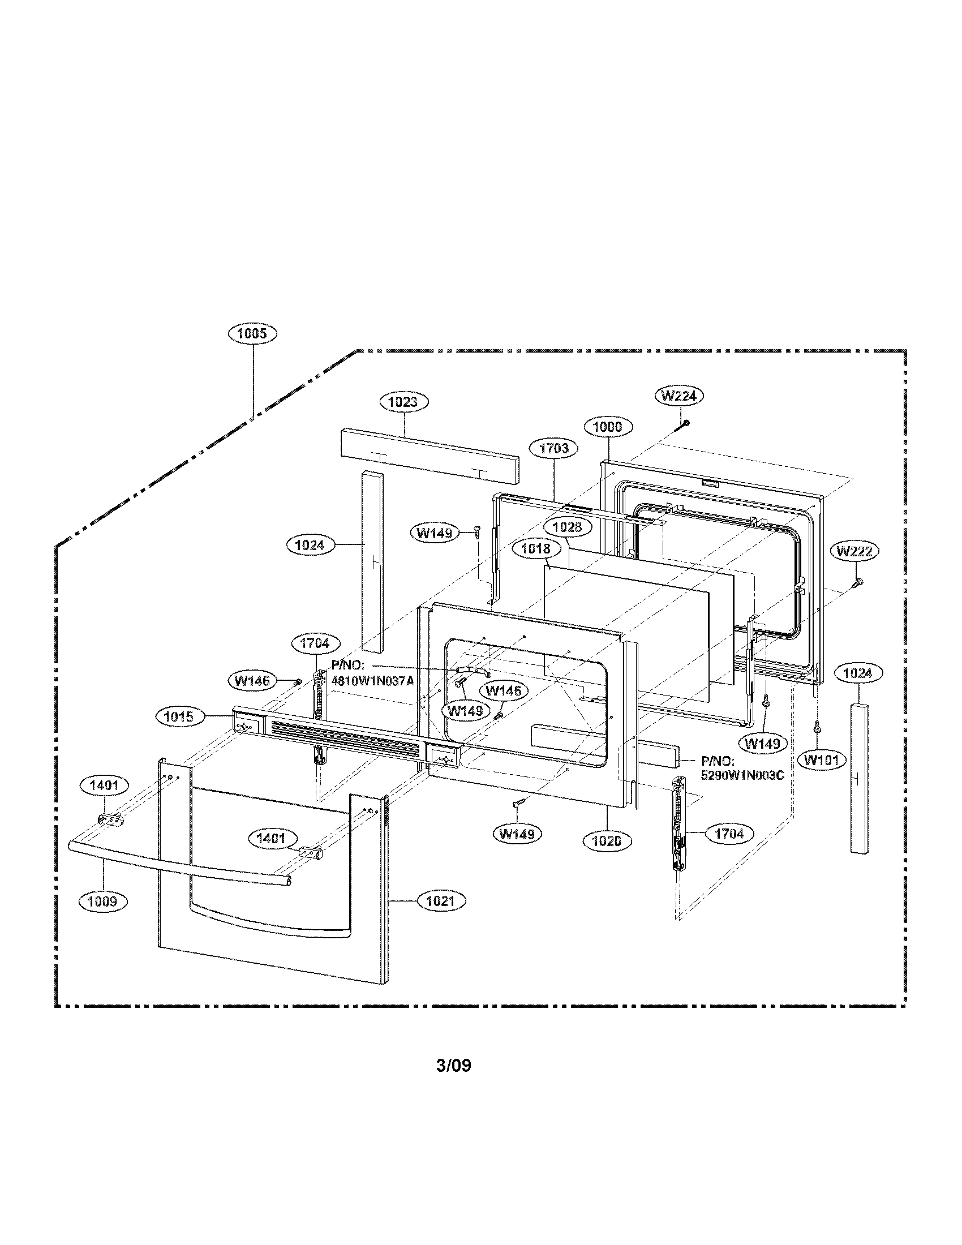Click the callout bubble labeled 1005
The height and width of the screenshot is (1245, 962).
[252, 333]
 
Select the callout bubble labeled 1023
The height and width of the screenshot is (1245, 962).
[403, 402]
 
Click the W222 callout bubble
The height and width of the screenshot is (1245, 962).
[854, 551]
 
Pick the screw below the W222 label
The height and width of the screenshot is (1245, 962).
[857, 582]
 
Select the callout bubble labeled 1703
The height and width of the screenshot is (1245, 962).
[553, 448]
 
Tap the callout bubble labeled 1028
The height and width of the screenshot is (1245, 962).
[567, 527]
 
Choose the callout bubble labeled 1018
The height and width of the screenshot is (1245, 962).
[536, 548]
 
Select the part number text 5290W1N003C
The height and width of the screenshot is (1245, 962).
[742, 776]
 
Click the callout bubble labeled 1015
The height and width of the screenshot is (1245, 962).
[179, 716]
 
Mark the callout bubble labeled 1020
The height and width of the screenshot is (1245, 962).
[607, 841]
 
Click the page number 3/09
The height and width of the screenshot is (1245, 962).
[454, 1066]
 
